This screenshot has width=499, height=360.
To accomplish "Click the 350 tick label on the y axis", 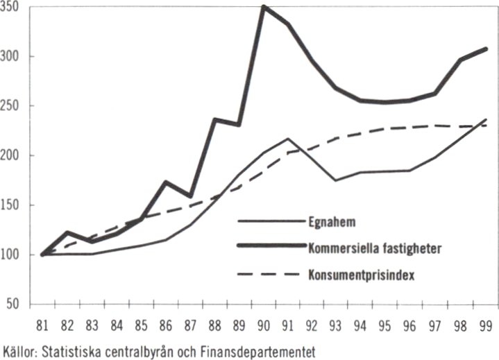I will coord(12,8).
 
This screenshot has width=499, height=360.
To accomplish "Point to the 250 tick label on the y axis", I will coord(12,106).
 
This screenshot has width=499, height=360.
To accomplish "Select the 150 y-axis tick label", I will coord(12,206).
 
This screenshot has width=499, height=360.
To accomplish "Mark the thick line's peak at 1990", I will coord(264,7).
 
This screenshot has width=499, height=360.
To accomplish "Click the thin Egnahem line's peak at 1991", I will coord(289,139).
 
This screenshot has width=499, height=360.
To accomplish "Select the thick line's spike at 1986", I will coord(166,182).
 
